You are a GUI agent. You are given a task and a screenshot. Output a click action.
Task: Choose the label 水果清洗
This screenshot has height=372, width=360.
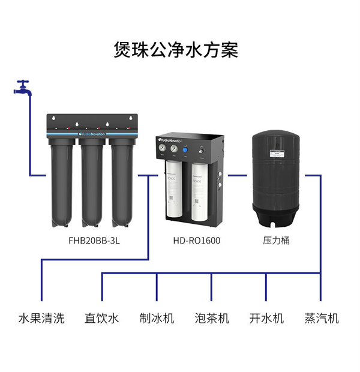coord(41,318)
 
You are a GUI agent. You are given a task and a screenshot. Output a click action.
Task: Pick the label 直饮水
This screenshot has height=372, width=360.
coord(102,318)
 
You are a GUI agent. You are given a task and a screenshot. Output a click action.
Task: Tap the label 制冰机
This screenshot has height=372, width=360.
coord(157,318)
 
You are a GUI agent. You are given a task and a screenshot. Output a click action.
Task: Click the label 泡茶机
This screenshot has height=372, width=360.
coord(212,318)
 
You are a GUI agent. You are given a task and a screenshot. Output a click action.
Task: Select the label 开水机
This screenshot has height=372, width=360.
coord(266,318)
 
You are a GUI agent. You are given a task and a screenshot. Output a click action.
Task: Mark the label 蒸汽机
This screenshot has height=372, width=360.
coord(322,318)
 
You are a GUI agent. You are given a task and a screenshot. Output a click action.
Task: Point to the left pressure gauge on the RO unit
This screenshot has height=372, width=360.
coord(163,148)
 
